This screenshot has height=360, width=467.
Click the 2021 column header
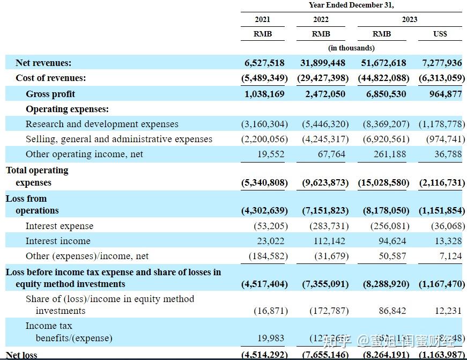click(x=263, y=19)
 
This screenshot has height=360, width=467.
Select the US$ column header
click(x=440, y=34)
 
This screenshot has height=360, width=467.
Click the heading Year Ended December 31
click(x=351, y=5)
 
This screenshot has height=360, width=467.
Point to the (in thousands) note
click(x=351, y=48)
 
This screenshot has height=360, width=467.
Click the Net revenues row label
click(x=43, y=63)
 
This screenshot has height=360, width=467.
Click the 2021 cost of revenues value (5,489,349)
click(x=264, y=78)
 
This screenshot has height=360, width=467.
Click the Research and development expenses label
click(x=102, y=124)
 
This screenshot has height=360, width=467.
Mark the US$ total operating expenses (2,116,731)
click(x=441, y=182)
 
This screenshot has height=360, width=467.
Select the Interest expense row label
click(x=60, y=226)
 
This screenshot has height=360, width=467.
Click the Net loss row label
click(x=21, y=355)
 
